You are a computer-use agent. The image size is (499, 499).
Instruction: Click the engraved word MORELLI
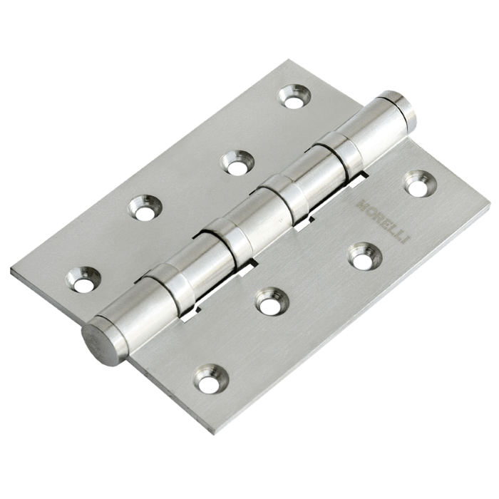click(x=384, y=222)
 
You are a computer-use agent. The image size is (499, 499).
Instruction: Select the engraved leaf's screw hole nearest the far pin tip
click(x=420, y=185)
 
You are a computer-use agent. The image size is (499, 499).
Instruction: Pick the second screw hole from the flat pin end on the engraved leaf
click(x=273, y=302)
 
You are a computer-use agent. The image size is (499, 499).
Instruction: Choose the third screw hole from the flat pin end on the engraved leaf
click(x=364, y=257)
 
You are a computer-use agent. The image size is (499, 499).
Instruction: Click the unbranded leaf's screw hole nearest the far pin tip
click(x=294, y=96)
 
